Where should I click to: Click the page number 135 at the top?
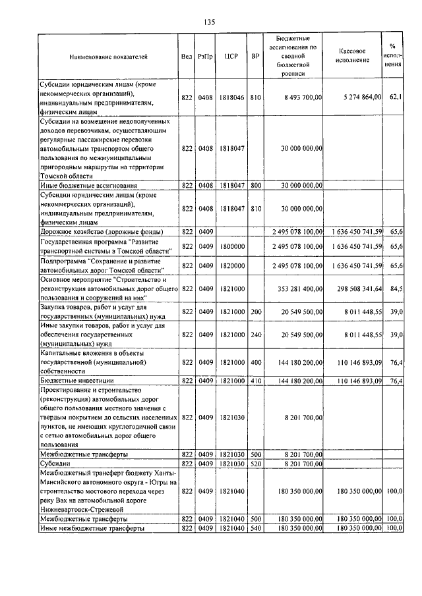(x=210, y=22)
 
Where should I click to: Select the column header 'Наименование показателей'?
(x=108, y=57)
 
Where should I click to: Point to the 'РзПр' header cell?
(x=205, y=57)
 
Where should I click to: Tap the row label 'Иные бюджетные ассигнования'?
(x=88, y=186)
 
